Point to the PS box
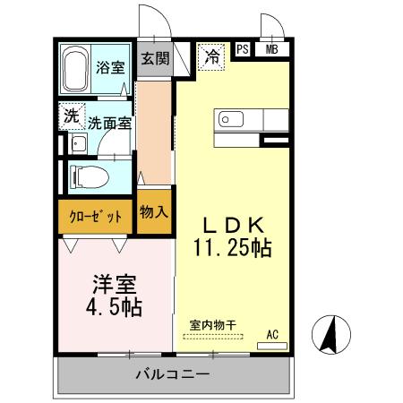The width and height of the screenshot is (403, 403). click(x=243, y=50)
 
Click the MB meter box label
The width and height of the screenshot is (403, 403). click(x=270, y=50)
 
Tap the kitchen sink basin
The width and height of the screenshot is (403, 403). click(x=227, y=119)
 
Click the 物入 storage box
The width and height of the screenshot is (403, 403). click(x=154, y=213)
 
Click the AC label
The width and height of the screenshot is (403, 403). click(x=272, y=335)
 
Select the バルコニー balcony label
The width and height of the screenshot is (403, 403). click(x=174, y=373)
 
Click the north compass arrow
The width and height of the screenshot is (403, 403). click(x=328, y=336)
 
